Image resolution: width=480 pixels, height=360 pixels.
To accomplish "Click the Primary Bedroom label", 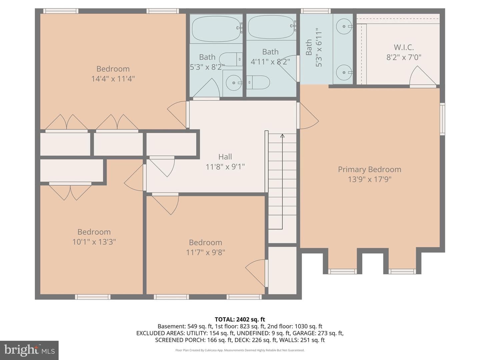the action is pos(369,169).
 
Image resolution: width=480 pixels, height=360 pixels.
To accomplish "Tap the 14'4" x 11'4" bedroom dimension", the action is pos(113,79).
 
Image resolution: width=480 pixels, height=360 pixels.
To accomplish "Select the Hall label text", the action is pos(225,157).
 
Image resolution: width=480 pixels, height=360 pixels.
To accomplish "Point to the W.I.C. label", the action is pos(404,47).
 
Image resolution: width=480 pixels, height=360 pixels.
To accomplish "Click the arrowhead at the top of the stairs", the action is pos(282,136).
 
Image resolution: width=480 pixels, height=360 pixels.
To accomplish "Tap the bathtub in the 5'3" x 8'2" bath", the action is pos(216,29).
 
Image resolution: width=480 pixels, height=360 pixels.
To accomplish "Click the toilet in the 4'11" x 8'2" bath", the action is pos(258,82).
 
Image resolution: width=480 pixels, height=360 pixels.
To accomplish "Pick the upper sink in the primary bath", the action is pos(344,26).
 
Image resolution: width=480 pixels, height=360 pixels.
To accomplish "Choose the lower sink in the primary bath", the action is pos(344,72).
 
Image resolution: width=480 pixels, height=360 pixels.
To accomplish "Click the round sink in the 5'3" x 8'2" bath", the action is pos(234,83).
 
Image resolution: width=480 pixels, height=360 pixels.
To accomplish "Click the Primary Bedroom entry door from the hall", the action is pos(308,116).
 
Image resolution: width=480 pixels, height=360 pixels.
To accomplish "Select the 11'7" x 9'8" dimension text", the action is pos(205,252).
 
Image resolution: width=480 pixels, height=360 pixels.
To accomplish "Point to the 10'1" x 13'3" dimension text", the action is pos(94,242).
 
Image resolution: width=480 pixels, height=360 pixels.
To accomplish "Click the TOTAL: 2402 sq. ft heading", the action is pos(240,319).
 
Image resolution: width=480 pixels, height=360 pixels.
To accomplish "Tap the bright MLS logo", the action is pos(29,350).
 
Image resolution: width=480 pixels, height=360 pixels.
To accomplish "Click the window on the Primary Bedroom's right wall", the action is pos(442,119).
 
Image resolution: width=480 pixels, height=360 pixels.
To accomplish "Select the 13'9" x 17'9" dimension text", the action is pos(370,179).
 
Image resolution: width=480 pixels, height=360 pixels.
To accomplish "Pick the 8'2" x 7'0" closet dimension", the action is pos(404,57).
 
